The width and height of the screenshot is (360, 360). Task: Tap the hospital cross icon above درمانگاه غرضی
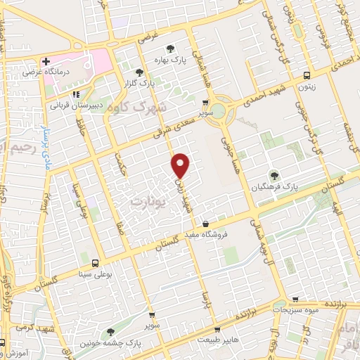[x=46, y=61]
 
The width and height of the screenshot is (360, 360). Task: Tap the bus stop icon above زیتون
[x=306, y=75]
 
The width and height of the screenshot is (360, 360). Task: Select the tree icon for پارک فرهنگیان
[x=274, y=176]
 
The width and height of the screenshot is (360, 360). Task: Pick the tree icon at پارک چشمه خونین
[x=110, y=332]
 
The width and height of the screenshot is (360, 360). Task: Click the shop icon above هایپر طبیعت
[x=218, y=328]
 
